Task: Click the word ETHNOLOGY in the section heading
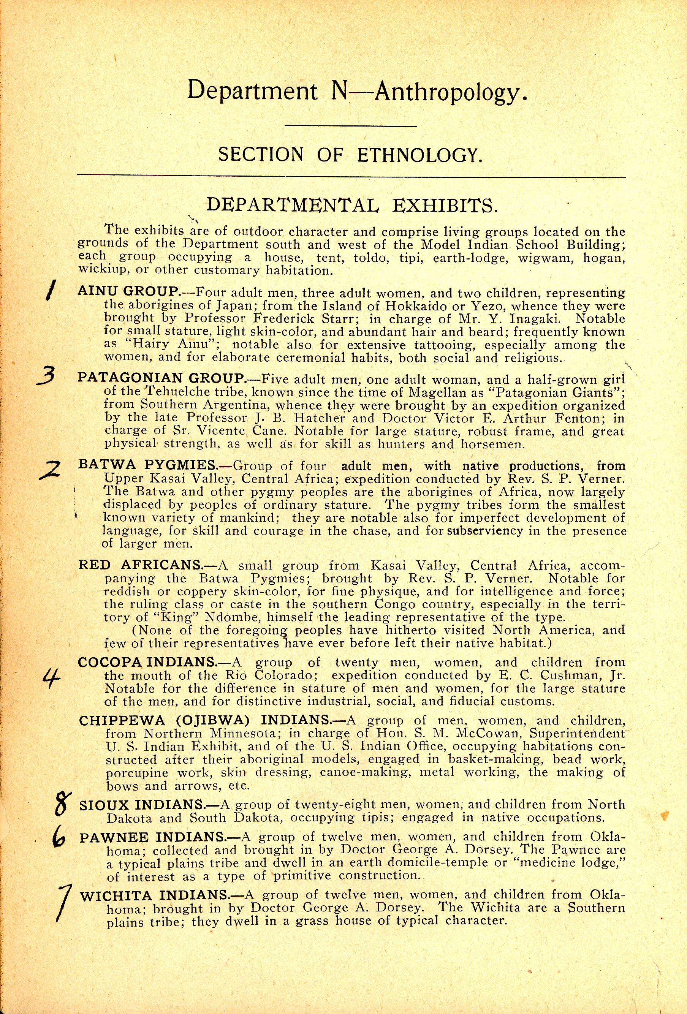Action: (x=419, y=155)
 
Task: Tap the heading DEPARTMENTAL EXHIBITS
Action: (x=351, y=205)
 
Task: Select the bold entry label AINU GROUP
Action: (x=129, y=291)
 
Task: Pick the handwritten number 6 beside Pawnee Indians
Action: (x=59, y=838)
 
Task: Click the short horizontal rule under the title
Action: (x=350, y=126)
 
